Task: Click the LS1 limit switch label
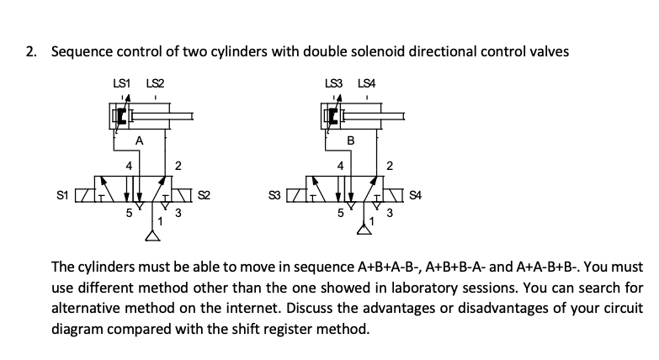(121, 82)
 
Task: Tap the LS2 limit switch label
(155, 82)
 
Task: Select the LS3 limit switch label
(333, 82)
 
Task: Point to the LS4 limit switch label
(367, 82)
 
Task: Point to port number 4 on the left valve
(129, 166)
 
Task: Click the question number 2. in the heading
(31, 52)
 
